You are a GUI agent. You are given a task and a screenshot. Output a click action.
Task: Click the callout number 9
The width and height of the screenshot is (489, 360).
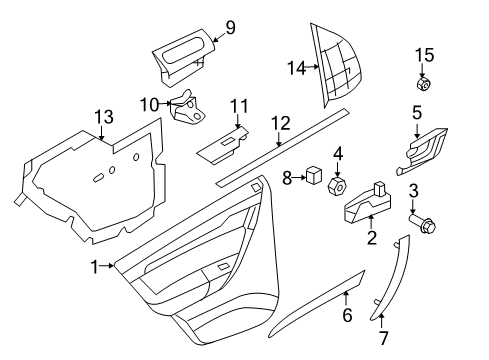tap(229, 27)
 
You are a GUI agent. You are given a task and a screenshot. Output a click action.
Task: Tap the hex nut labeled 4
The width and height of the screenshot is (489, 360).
tap(337, 187)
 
